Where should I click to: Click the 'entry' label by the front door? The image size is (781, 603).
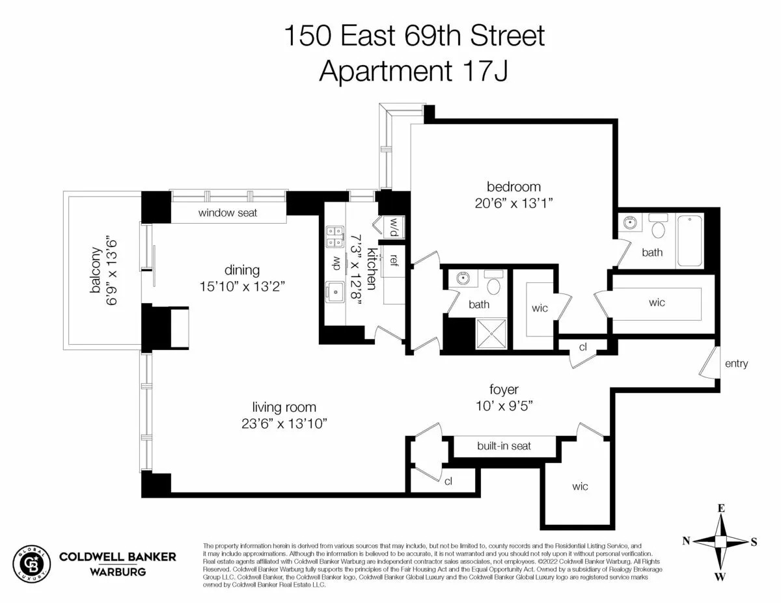point(736,364)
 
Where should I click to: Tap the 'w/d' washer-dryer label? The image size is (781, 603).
point(394,227)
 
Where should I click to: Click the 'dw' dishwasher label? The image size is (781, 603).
point(336,263)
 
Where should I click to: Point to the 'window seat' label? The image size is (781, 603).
point(228,213)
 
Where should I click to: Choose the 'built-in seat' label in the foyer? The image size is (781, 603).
point(504,446)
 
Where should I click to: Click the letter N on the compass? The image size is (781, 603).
point(686,541)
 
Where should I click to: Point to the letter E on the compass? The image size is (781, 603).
point(720,508)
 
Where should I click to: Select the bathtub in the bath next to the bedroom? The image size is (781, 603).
point(690,241)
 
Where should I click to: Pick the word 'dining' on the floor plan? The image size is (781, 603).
point(241,270)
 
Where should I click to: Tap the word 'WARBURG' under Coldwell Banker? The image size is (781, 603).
point(117,572)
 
